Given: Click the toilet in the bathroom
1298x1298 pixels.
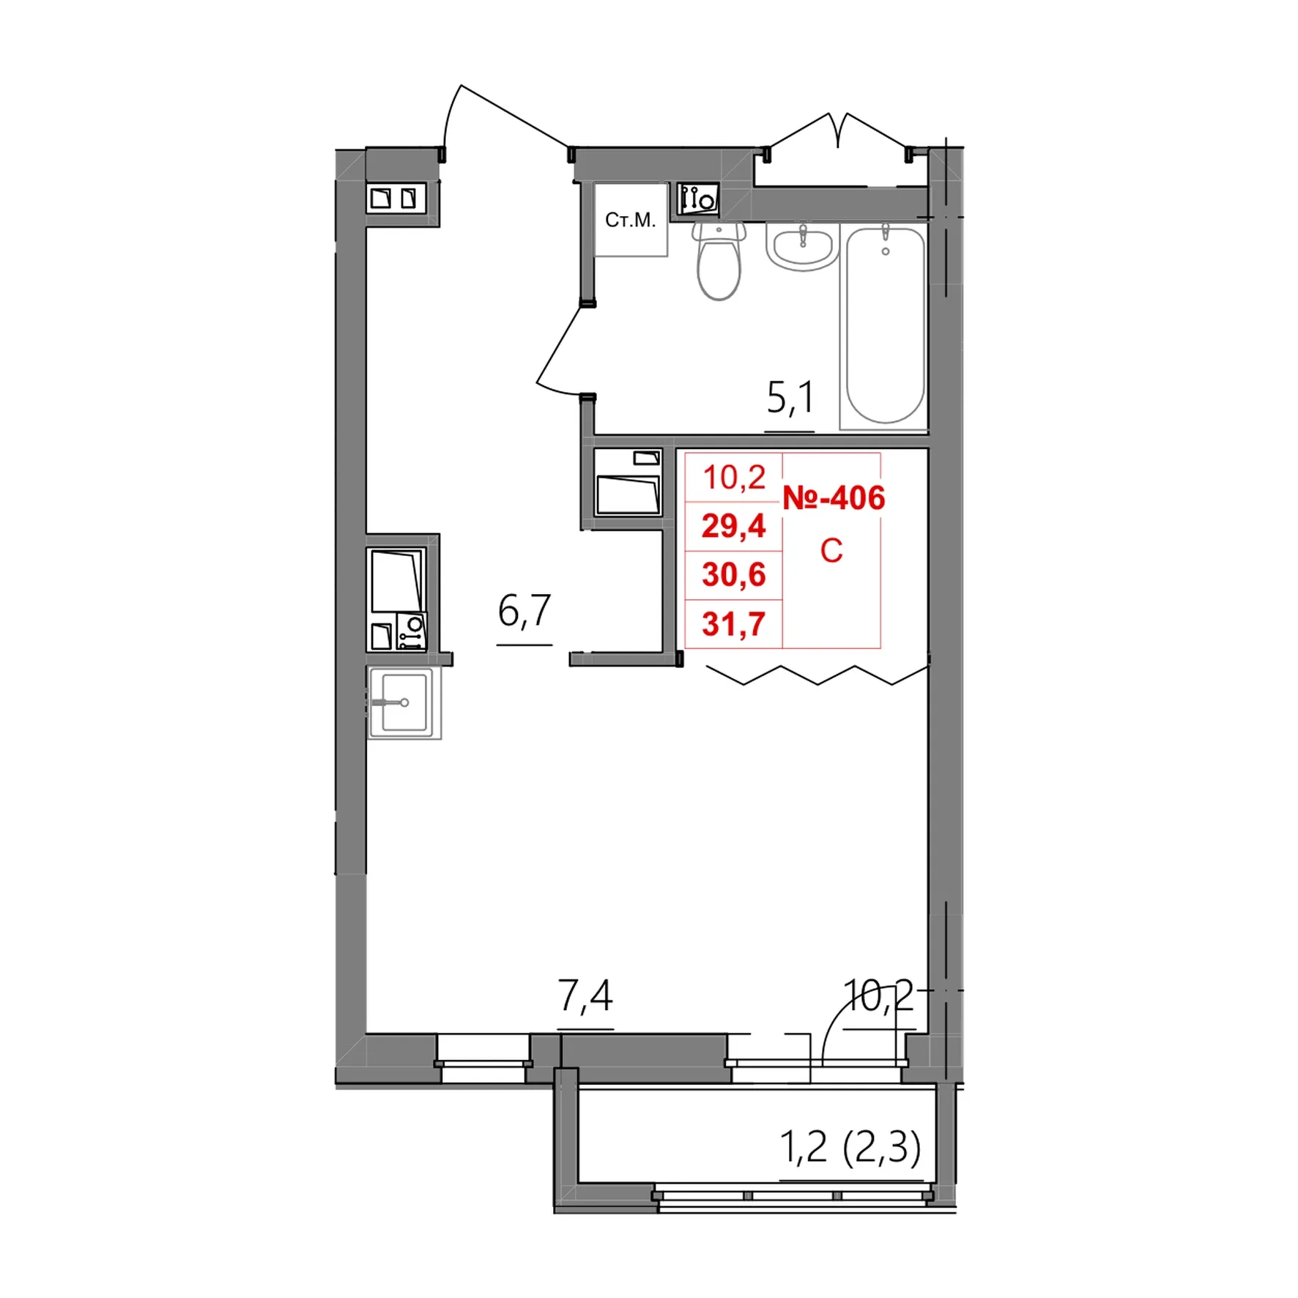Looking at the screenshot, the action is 719,262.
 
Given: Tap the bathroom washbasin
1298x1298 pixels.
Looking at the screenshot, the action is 802,246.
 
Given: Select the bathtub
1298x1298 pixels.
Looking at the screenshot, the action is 885,324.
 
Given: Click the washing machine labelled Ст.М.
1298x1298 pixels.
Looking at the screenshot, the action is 631,220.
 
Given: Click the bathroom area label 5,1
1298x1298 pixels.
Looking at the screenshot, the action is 790,398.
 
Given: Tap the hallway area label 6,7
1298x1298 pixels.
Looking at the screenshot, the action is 524,611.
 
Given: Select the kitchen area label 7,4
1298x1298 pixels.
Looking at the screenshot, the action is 585,996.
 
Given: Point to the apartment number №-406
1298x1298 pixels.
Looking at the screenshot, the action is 834,498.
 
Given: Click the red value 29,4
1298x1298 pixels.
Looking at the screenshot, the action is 733,526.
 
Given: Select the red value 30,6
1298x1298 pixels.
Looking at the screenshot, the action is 733,575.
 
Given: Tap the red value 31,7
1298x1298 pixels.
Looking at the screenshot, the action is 733,624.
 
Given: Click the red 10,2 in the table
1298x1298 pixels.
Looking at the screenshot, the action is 734,478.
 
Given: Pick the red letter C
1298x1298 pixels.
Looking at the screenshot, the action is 831,551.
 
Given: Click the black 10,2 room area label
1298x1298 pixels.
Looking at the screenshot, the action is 878,995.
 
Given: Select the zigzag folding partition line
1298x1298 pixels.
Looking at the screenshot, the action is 817,675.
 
